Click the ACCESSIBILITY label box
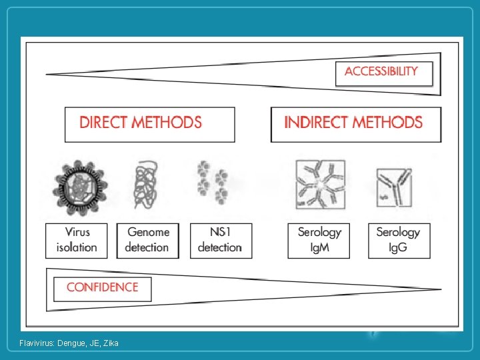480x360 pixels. (x=383, y=73)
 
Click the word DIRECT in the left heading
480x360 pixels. (x=103, y=123)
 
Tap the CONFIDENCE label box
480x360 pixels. (x=103, y=288)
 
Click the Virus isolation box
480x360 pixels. (x=77, y=240)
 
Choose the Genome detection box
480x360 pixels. (x=147, y=240)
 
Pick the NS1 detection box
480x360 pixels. (x=220, y=240)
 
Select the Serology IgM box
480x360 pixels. (x=319, y=240)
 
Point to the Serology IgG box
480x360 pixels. (x=398, y=240)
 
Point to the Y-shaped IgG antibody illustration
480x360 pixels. (x=393, y=187)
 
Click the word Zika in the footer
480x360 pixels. (x=111, y=343)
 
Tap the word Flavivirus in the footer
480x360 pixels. (x=37, y=343)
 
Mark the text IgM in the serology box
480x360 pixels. (x=319, y=247)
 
